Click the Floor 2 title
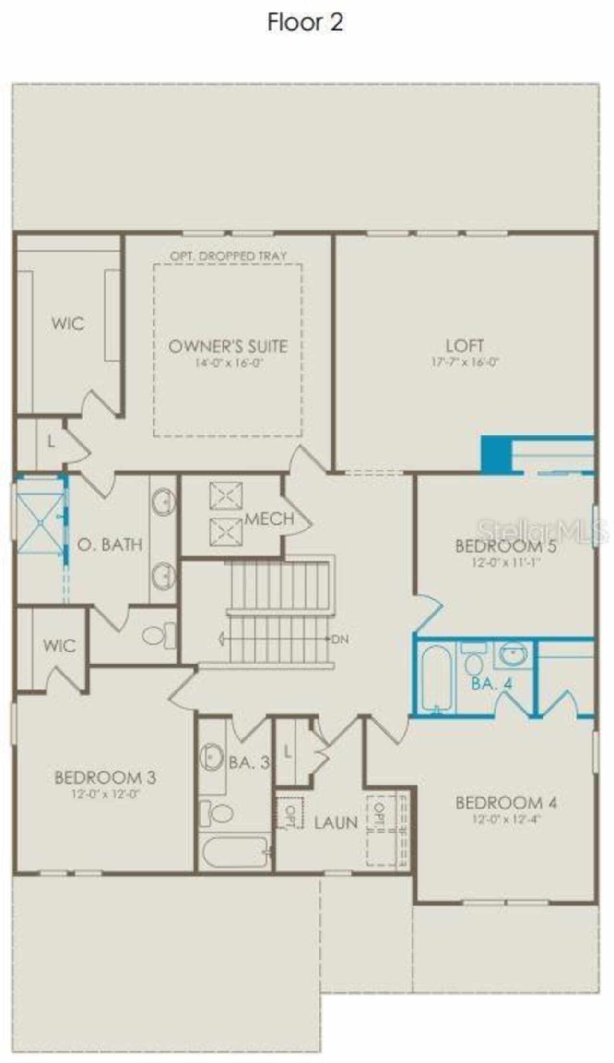[305, 23]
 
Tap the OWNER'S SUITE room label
[228, 346]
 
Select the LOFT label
[464, 345]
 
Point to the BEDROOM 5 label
[506, 546]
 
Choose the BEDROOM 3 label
[105, 777]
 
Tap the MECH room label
[269, 519]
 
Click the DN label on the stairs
[340, 639]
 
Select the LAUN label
[336, 822]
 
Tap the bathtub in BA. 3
[235, 852]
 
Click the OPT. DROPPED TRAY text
[228, 256]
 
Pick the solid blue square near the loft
[496, 454]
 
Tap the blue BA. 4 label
[492, 683]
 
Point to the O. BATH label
[110, 544]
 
